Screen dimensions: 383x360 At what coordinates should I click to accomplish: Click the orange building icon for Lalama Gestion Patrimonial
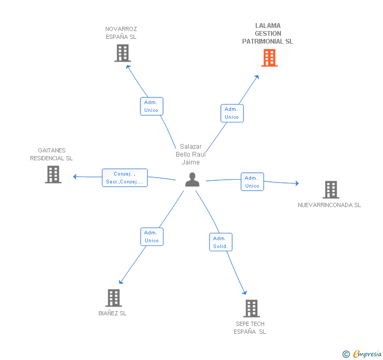[269, 58]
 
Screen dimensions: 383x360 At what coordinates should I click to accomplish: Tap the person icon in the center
[192, 180]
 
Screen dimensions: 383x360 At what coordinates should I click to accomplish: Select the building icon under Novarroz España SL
[123, 53]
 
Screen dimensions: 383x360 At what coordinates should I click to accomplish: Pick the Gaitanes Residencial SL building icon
[53, 174]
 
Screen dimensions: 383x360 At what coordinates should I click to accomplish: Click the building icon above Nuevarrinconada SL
[331, 190]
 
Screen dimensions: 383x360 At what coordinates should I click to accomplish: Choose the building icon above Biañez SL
[114, 298]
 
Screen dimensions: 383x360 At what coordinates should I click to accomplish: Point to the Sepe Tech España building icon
[251, 308]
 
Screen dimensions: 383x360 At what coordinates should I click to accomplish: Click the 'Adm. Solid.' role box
[221, 242]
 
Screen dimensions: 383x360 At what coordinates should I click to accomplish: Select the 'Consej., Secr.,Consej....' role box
[125, 178]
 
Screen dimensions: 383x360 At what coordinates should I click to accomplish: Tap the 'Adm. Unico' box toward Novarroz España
[152, 106]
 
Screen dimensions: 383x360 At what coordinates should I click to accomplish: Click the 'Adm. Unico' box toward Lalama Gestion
[232, 113]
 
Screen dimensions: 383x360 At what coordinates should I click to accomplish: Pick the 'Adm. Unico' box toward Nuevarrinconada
[253, 182]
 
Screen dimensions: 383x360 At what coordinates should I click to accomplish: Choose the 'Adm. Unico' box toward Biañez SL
[152, 236]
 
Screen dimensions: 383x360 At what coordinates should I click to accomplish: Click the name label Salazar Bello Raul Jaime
[191, 155]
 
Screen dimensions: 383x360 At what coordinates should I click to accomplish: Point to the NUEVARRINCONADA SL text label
[329, 205]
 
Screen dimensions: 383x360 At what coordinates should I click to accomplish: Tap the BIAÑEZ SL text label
[113, 313]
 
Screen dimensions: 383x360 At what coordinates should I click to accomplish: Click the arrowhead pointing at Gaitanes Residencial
[75, 177]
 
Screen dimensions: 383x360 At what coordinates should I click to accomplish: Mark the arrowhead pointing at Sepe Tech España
[245, 293]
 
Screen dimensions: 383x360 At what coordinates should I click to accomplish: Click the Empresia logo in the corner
[362, 354]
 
